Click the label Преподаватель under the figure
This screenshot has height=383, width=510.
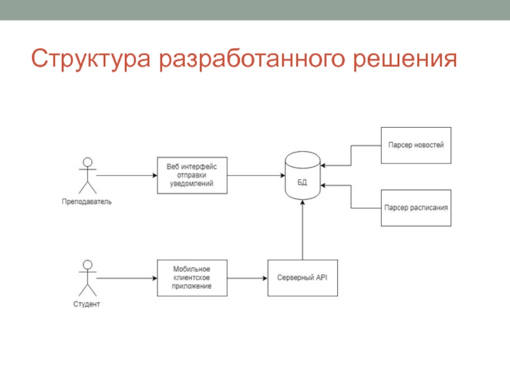click(87, 202)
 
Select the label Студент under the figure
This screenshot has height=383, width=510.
click(87, 304)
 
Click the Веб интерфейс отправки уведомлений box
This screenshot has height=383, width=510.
click(192, 175)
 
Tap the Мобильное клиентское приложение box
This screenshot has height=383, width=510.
click(192, 278)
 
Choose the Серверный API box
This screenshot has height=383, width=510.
click(302, 278)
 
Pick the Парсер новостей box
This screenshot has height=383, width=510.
click(416, 145)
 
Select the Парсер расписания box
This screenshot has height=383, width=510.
click(416, 207)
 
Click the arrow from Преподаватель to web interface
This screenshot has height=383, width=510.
click(127, 175)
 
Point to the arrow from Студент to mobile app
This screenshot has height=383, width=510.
click(127, 278)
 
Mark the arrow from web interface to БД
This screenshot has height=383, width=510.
click(255, 175)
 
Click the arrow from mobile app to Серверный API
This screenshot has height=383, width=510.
click(247, 278)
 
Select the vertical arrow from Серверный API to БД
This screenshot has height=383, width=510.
click(302, 230)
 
